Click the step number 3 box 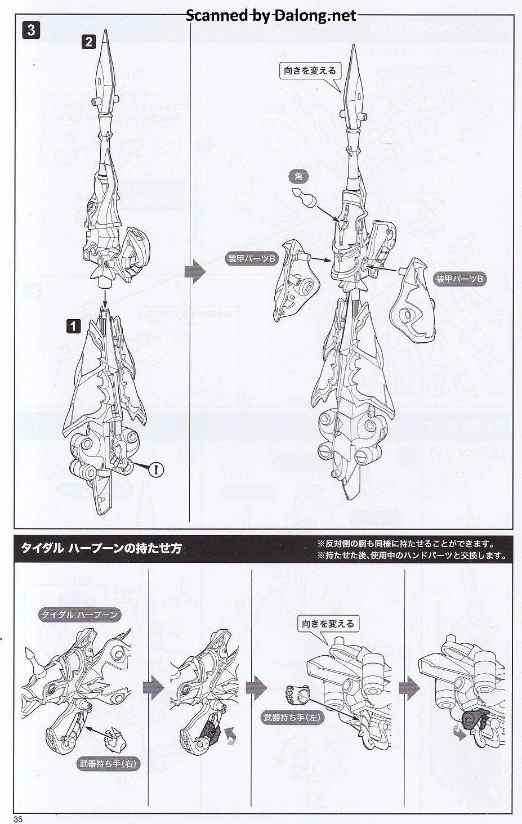tap(31, 30)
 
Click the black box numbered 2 tap(88, 41)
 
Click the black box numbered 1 tap(74, 325)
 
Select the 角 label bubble tap(298, 177)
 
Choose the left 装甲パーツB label tap(251, 258)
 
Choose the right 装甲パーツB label tap(460, 279)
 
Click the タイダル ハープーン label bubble tap(79, 614)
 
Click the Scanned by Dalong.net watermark tap(271, 15)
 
